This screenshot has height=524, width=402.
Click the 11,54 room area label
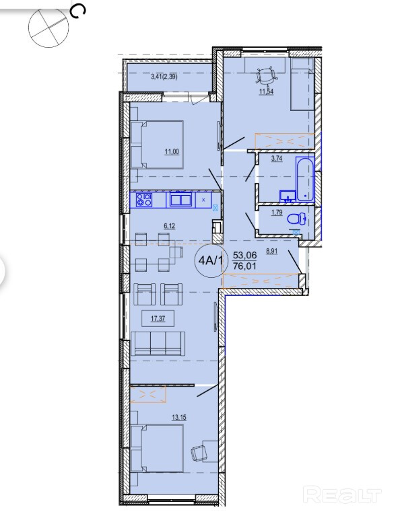click(x=267, y=91)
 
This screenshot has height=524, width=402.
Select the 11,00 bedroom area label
click(x=172, y=152)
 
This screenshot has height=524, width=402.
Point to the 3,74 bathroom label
click(x=277, y=159)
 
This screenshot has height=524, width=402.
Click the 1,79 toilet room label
click(x=277, y=213)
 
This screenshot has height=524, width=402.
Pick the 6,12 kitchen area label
click(x=170, y=226)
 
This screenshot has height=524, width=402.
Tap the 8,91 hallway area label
click(x=271, y=252)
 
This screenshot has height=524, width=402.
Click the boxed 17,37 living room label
click(x=158, y=319)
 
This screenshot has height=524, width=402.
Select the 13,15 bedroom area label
click(x=179, y=418)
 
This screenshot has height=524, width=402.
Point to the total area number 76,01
click(x=245, y=266)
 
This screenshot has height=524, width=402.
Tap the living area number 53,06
click(x=245, y=256)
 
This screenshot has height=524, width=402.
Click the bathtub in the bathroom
click(x=304, y=179)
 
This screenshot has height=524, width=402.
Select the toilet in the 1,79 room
click(x=297, y=219)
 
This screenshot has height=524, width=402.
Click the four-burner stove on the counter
click(x=145, y=200)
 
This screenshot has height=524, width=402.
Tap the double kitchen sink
click(x=180, y=200)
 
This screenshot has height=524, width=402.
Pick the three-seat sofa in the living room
click(x=158, y=343)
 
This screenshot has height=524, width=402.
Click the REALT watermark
click(x=342, y=495)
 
